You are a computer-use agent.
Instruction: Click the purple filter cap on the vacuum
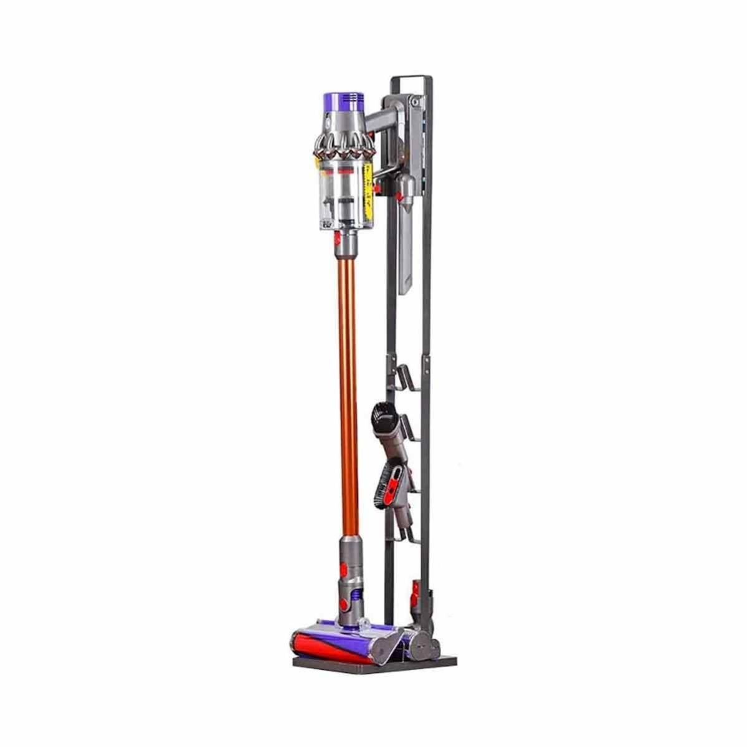click(342, 102)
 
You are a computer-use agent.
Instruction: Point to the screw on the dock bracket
click(412, 100)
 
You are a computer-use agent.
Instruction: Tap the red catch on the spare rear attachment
click(415, 589)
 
